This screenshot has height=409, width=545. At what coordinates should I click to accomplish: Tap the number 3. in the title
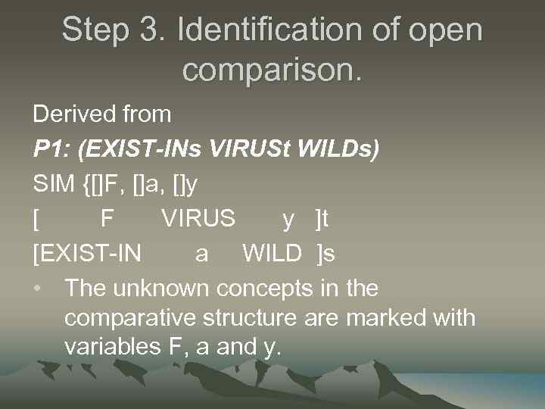(x=155, y=31)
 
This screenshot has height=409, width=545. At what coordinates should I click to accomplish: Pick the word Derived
(x=66, y=114)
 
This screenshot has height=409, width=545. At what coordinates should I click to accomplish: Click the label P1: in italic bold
(x=55, y=149)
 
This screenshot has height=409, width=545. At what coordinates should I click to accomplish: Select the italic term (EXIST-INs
(x=143, y=149)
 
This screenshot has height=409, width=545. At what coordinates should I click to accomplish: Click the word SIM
(x=53, y=184)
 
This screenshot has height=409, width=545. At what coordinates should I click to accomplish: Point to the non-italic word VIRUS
(x=198, y=219)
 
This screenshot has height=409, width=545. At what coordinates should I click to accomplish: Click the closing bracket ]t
(x=322, y=219)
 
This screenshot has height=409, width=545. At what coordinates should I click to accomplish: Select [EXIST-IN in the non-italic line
(x=87, y=254)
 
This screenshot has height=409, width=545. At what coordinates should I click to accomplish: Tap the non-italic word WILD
(x=272, y=254)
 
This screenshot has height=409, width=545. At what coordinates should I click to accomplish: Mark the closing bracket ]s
(x=325, y=254)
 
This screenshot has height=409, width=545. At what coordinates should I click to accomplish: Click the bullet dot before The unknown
(x=37, y=289)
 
